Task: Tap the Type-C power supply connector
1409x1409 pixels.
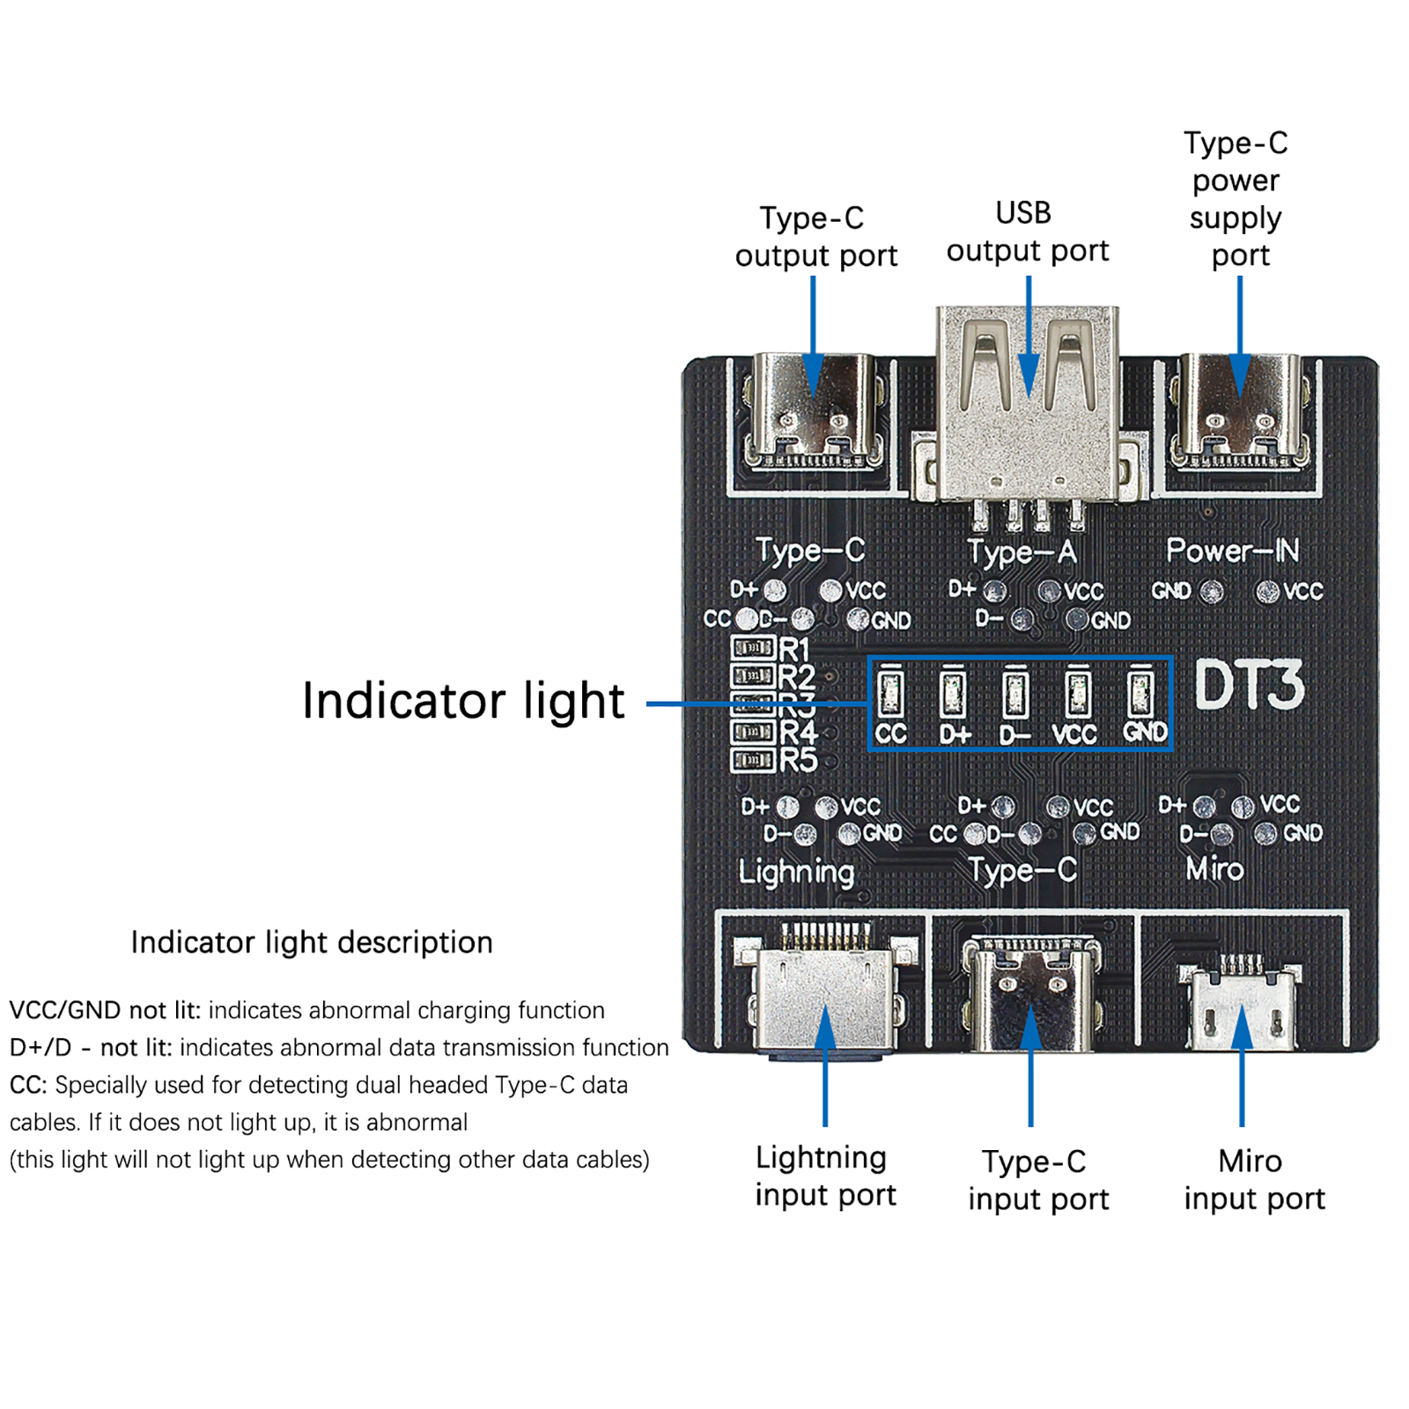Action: point(1239,412)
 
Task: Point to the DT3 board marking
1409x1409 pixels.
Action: point(1249,686)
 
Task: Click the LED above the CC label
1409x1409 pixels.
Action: point(890,693)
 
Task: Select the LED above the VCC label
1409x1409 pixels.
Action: point(1077,693)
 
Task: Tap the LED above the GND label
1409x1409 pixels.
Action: point(1140,693)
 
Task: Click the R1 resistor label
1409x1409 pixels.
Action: point(793,650)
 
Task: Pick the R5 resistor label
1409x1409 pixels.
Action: point(798,760)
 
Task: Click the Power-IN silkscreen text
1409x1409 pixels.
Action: point(1232,550)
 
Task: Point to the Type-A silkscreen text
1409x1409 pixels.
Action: point(1022,553)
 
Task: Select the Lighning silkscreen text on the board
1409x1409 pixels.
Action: point(796,872)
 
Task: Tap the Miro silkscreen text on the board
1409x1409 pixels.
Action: point(1214,869)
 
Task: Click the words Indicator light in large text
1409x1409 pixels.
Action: point(463,701)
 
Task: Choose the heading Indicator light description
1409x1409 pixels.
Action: point(312,942)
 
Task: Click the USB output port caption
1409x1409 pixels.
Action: point(1027,232)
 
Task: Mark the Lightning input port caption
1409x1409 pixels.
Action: point(825,1177)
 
